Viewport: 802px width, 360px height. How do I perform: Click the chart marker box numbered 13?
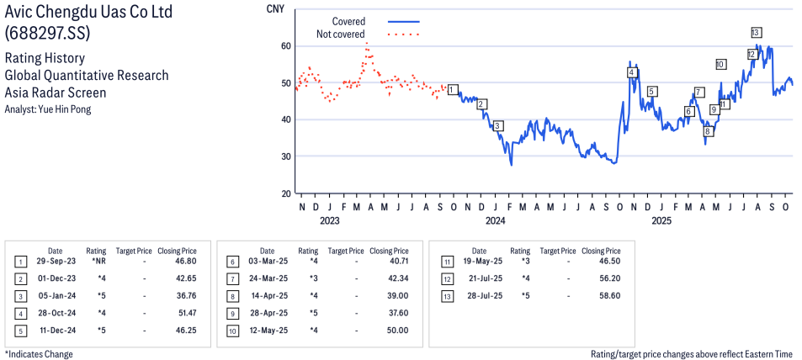coord(757,32)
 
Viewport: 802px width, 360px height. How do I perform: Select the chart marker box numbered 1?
coord(453,89)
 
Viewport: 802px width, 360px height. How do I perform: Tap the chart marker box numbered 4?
coord(632,72)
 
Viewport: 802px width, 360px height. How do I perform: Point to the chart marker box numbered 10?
coord(720,64)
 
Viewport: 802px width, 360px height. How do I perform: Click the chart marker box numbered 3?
coord(498,125)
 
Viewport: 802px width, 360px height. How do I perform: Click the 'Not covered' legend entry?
coord(340,34)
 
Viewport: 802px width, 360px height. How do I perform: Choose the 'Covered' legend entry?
coord(348,21)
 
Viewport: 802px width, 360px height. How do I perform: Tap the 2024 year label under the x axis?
coord(495,221)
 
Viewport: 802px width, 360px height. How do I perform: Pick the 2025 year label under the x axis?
coord(661,221)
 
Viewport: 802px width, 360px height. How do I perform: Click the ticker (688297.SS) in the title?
coord(48,34)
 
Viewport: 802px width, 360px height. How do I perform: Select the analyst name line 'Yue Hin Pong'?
coord(48,109)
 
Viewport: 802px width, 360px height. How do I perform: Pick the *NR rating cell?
coord(98,262)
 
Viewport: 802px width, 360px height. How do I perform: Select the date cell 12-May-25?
coord(267,330)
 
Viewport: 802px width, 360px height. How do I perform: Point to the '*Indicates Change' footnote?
coord(40,354)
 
